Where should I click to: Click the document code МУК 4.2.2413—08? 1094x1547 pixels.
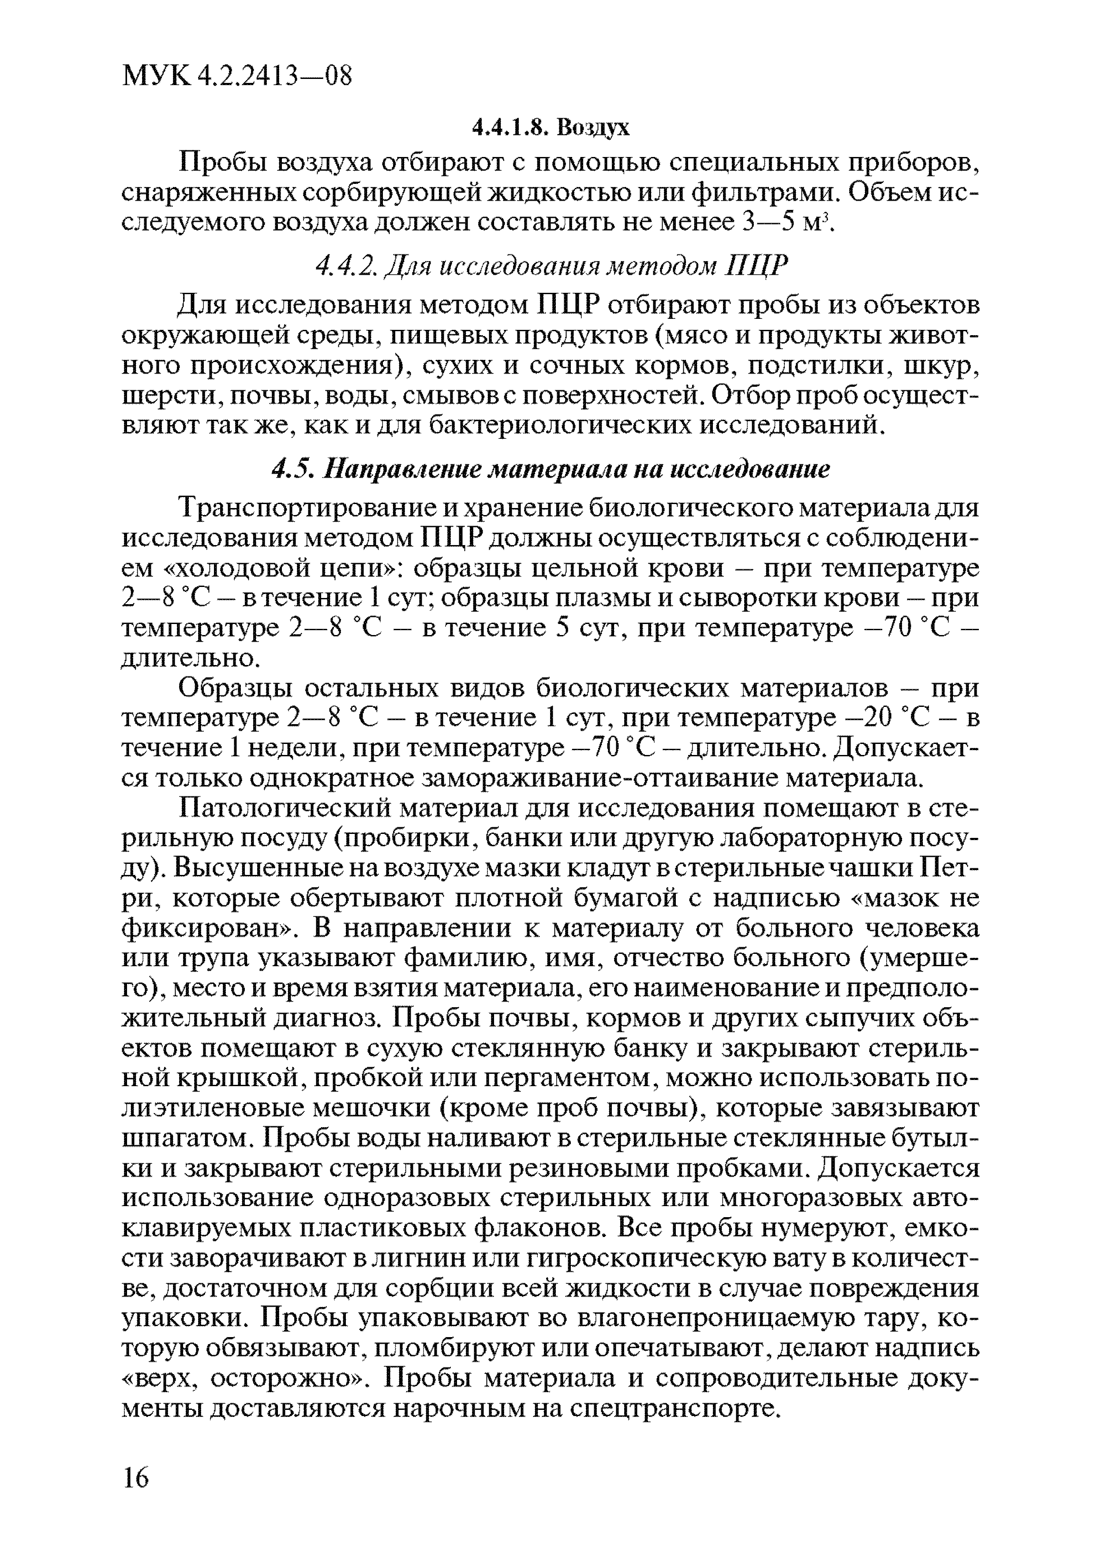(x=237, y=75)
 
